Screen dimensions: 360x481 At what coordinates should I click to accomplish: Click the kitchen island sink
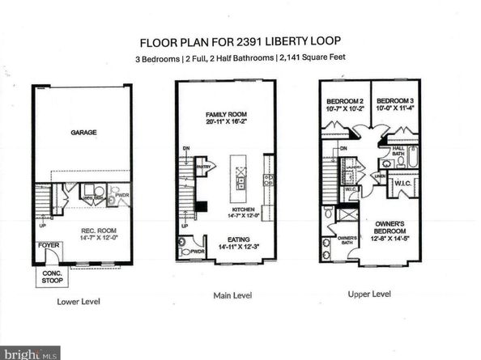click(x=239, y=173)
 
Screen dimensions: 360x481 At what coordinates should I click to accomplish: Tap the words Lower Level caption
click(x=78, y=301)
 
